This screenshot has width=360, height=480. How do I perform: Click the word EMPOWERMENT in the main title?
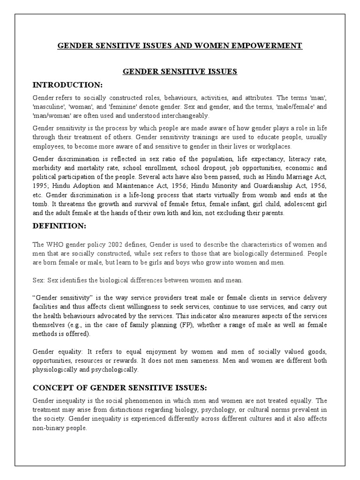tap(270, 45)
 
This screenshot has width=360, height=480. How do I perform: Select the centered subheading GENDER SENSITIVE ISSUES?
tap(180, 72)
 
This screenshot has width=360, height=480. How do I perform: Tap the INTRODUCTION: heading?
tap(67, 84)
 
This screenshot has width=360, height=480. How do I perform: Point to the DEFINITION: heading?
tap(59, 226)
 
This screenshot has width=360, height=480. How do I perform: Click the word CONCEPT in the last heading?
tap(50, 388)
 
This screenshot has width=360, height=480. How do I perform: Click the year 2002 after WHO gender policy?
tap(130, 245)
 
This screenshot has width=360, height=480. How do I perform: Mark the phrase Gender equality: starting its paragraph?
tap(58, 352)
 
